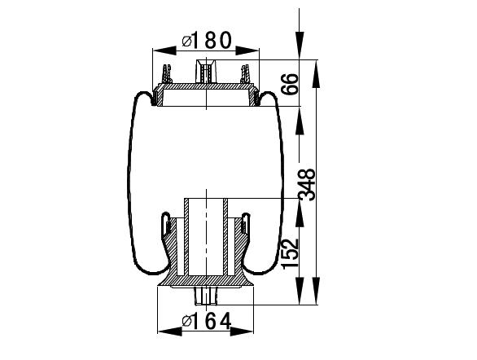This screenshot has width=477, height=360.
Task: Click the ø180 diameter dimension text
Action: point(207,41)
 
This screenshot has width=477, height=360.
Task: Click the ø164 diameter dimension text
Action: point(207,322)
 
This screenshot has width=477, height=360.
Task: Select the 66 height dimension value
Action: point(289,84)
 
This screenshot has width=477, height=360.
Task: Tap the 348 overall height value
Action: point(307,185)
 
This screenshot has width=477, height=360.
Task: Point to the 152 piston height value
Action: point(290,254)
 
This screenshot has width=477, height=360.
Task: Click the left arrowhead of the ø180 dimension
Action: point(164,50)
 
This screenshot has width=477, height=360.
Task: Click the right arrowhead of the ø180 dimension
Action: point(247,50)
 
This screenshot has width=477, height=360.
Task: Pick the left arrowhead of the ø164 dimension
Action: point(170,331)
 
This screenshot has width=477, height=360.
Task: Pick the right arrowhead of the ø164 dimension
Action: point(242,331)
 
